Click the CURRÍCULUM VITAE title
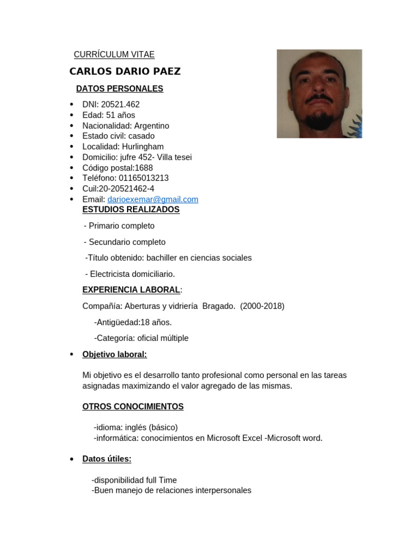[x=114, y=54]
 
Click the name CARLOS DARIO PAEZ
[x=125, y=72]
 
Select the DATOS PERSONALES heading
[x=119, y=89]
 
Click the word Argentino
[x=151, y=125]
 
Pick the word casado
[x=142, y=136]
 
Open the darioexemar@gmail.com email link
[x=153, y=199]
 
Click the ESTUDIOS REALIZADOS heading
[x=131, y=210]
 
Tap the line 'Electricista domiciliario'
[x=132, y=274]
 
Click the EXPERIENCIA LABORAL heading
[x=131, y=290]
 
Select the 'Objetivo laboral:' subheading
[x=115, y=355]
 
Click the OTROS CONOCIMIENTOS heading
[x=133, y=407]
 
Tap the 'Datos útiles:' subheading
[x=107, y=459]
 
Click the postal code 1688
[x=144, y=168]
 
